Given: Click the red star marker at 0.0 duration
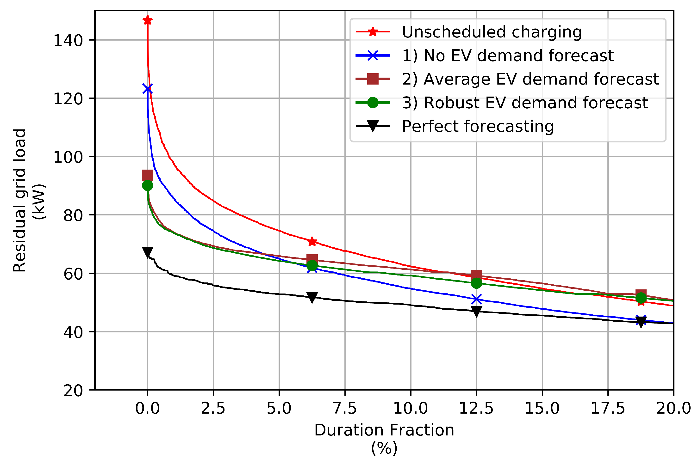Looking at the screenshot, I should tap(148, 20).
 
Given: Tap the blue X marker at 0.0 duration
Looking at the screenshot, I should tap(148, 89).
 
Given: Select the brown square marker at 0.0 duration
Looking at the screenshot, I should tap(148, 175).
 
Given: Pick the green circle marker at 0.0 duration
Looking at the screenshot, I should tap(148, 186).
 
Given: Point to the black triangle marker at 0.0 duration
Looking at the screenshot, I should tap(148, 252).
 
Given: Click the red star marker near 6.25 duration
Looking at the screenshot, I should tap(312, 242).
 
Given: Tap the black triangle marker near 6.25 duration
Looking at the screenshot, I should tap(312, 297).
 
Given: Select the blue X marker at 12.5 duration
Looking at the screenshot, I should tap(476, 300).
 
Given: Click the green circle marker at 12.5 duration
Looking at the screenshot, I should tap(476, 283).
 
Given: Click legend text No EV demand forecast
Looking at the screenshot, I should tap(507, 56).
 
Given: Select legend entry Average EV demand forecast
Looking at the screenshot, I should tap(530, 79).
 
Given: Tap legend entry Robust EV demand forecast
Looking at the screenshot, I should tap(525, 103).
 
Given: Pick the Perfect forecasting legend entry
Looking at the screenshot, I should tap(478, 126).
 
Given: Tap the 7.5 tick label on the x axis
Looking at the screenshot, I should tap(345, 409).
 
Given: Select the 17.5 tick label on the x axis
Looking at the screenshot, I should tap(608, 409).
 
